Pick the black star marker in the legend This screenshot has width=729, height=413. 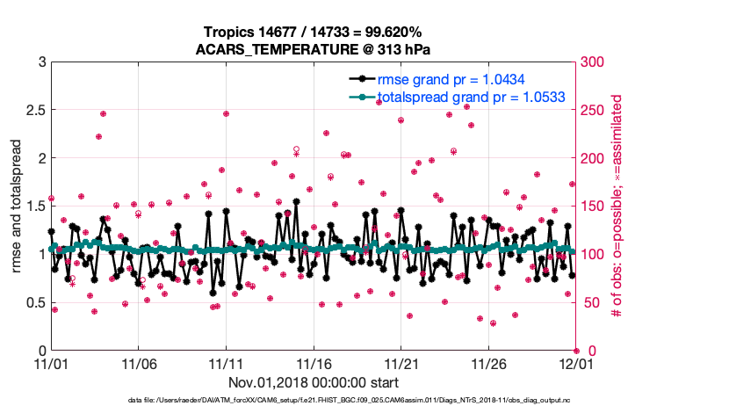[358, 79]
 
